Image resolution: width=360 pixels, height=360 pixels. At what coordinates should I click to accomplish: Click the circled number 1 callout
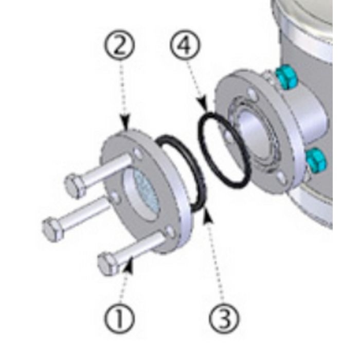click(119, 318)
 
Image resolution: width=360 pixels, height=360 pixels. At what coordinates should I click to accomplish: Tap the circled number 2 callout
click(120, 44)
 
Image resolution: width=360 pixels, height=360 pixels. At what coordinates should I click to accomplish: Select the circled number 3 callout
click(224, 318)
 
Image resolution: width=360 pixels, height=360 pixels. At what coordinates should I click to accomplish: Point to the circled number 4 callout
click(185, 44)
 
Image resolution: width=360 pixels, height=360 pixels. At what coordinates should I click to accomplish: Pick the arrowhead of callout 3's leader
click(207, 215)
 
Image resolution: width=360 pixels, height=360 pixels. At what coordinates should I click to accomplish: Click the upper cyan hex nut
click(286, 78)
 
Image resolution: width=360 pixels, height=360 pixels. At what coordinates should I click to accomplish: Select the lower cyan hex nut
click(316, 160)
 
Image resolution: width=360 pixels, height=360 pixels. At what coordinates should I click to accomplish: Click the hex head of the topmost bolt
click(74, 186)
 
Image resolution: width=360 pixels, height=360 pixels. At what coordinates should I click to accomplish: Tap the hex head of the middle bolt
click(52, 229)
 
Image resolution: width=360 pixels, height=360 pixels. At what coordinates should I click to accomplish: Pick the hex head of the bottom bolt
click(109, 264)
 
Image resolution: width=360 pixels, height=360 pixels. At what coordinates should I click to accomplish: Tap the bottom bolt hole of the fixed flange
click(281, 178)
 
